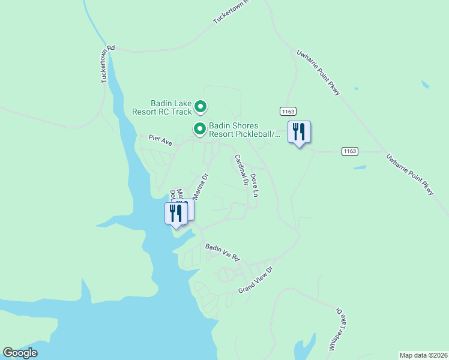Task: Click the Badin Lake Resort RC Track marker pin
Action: point(200,107)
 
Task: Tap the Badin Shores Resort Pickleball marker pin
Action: point(200,128)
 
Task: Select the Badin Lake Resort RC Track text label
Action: point(162,107)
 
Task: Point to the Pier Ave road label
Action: point(160,139)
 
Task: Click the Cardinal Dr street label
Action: point(241,170)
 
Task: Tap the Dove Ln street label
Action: point(255,185)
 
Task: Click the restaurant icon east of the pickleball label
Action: point(298,132)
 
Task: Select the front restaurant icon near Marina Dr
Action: point(176,214)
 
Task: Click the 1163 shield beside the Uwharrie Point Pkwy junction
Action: point(350,151)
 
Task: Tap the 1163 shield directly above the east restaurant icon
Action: point(288,111)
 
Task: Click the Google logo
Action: point(20,353)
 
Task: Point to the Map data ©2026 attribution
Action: point(423,355)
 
